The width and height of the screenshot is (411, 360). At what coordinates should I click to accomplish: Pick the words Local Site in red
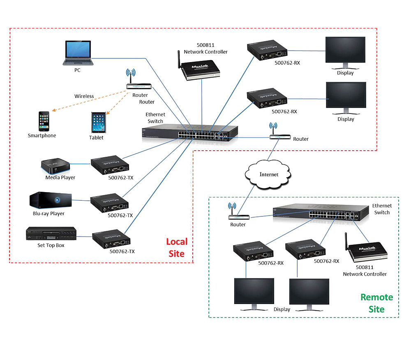[177, 248]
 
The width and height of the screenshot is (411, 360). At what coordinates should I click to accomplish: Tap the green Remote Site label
[376, 303]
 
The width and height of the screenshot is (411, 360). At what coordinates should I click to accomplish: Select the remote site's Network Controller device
[365, 251]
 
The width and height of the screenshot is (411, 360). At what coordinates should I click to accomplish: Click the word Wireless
[84, 96]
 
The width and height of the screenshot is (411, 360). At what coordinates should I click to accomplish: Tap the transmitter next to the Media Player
[110, 166]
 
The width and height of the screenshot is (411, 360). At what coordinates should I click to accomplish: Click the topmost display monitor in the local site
[345, 53]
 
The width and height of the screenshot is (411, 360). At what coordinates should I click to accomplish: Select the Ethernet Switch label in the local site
[155, 118]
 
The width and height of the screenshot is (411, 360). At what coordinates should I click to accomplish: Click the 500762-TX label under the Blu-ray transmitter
[120, 215]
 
